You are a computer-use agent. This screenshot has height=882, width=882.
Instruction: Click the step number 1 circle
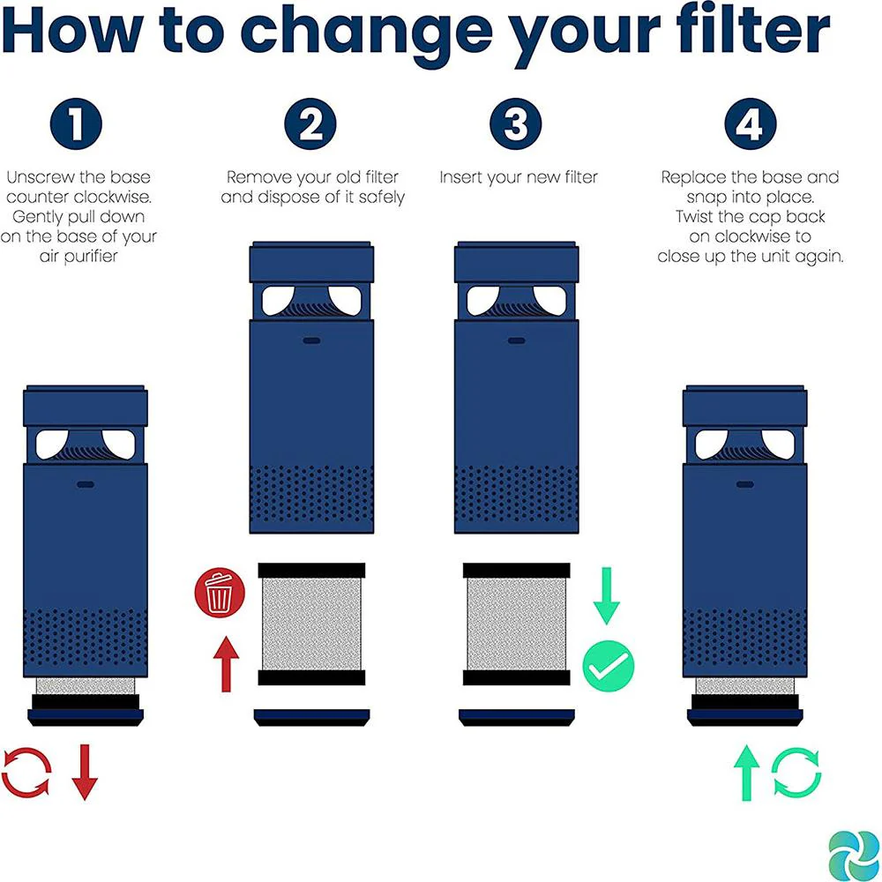click(76, 123)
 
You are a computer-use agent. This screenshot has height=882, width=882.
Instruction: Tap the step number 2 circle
click(310, 123)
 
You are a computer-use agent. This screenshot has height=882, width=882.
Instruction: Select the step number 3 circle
click(515, 123)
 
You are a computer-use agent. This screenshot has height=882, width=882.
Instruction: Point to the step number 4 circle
click(751, 123)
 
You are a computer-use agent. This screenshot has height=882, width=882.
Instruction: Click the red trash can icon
click(220, 593)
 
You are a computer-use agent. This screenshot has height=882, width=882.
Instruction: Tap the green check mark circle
click(608, 666)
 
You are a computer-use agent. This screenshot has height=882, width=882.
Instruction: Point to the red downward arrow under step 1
click(85, 772)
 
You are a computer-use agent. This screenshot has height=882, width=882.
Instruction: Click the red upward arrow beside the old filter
click(226, 664)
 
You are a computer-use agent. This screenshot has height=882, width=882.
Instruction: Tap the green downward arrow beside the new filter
click(607, 595)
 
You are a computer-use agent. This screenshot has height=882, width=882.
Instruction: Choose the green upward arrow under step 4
click(747, 773)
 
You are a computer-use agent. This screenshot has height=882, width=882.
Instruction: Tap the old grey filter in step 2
click(311, 624)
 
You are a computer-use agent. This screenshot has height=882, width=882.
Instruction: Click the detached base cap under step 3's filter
click(516, 717)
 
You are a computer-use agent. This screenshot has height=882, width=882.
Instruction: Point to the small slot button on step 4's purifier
click(744, 484)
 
